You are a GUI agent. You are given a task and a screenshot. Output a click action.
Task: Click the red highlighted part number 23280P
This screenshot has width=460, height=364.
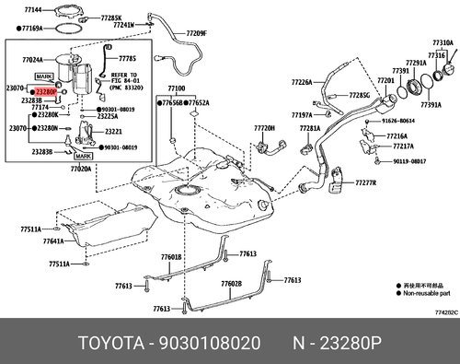[x=44, y=92]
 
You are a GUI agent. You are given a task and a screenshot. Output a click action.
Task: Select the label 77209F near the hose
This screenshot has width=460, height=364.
[x=197, y=34]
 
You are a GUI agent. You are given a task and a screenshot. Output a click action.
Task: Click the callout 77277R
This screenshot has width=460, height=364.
[x=365, y=182]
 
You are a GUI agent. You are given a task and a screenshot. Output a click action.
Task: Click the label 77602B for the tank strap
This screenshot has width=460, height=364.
[x=231, y=284]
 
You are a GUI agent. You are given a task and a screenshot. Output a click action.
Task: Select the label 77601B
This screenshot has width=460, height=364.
[x=171, y=256]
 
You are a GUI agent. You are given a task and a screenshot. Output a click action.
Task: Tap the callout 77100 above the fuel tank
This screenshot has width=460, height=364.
[x=176, y=89]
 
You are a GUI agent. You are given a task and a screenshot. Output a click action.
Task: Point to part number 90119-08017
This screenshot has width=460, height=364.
[x=405, y=160]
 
